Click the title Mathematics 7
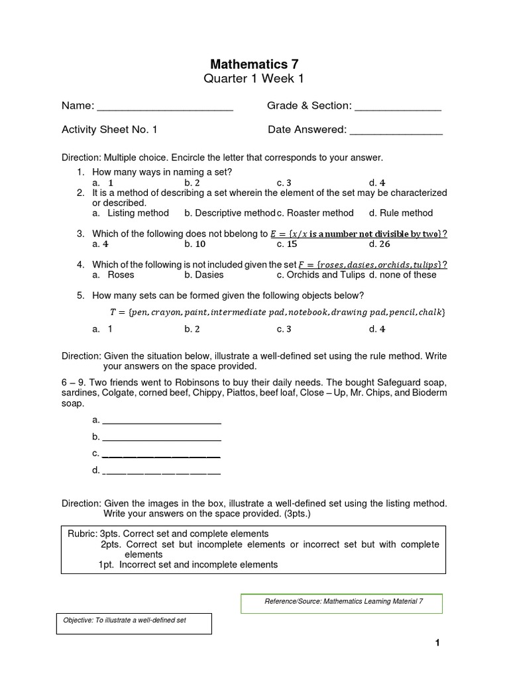[x=254, y=64]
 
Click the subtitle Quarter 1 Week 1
[x=254, y=79]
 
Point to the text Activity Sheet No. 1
[x=109, y=130]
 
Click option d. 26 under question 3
[x=380, y=244]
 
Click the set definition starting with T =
[x=277, y=312]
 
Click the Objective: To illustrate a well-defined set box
[x=134, y=622]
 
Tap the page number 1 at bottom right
[x=437, y=643]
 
